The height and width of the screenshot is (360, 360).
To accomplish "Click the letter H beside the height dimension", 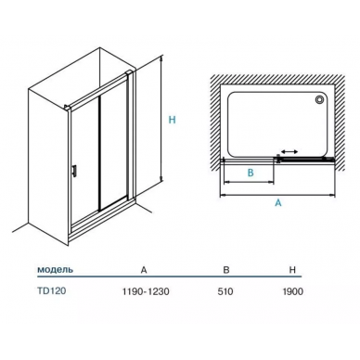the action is pyautogui.click(x=172, y=119).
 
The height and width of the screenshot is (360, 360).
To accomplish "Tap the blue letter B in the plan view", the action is pyautogui.click(x=251, y=173).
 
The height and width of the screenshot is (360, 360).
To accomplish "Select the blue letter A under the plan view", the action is pyautogui.click(x=278, y=202).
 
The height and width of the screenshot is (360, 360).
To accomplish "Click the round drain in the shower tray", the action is pyautogui.click(x=319, y=99).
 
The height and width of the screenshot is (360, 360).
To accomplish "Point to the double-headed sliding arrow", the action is pyautogui.click(x=289, y=151).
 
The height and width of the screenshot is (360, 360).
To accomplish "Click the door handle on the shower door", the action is pyautogui.click(x=74, y=172).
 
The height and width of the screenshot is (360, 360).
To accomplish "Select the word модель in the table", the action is pyautogui.click(x=56, y=270).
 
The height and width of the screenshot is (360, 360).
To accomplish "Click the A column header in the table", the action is pyautogui.click(x=144, y=270).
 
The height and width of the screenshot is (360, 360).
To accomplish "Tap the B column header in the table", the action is pyautogui.click(x=226, y=270).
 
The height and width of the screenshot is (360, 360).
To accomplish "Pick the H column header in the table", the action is pyautogui.click(x=292, y=270).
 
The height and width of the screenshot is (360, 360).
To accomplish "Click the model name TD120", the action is pyautogui.click(x=52, y=290).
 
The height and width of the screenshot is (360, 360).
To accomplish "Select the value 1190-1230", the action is pyautogui.click(x=146, y=291).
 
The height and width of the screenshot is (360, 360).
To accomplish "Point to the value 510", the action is pyautogui.click(x=225, y=291).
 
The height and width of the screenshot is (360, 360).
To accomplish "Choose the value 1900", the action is pyautogui.click(x=293, y=291).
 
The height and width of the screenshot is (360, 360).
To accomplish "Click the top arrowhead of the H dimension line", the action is pyautogui.click(x=161, y=58).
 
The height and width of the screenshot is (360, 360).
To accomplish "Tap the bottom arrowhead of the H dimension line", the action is pyautogui.click(x=161, y=179).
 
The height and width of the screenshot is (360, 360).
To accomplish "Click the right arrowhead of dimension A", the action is pyautogui.click(x=332, y=195).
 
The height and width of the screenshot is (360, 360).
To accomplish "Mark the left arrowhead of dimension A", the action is pyautogui.click(x=223, y=195).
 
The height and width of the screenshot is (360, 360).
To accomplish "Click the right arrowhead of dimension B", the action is pyautogui.click(x=271, y=182).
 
